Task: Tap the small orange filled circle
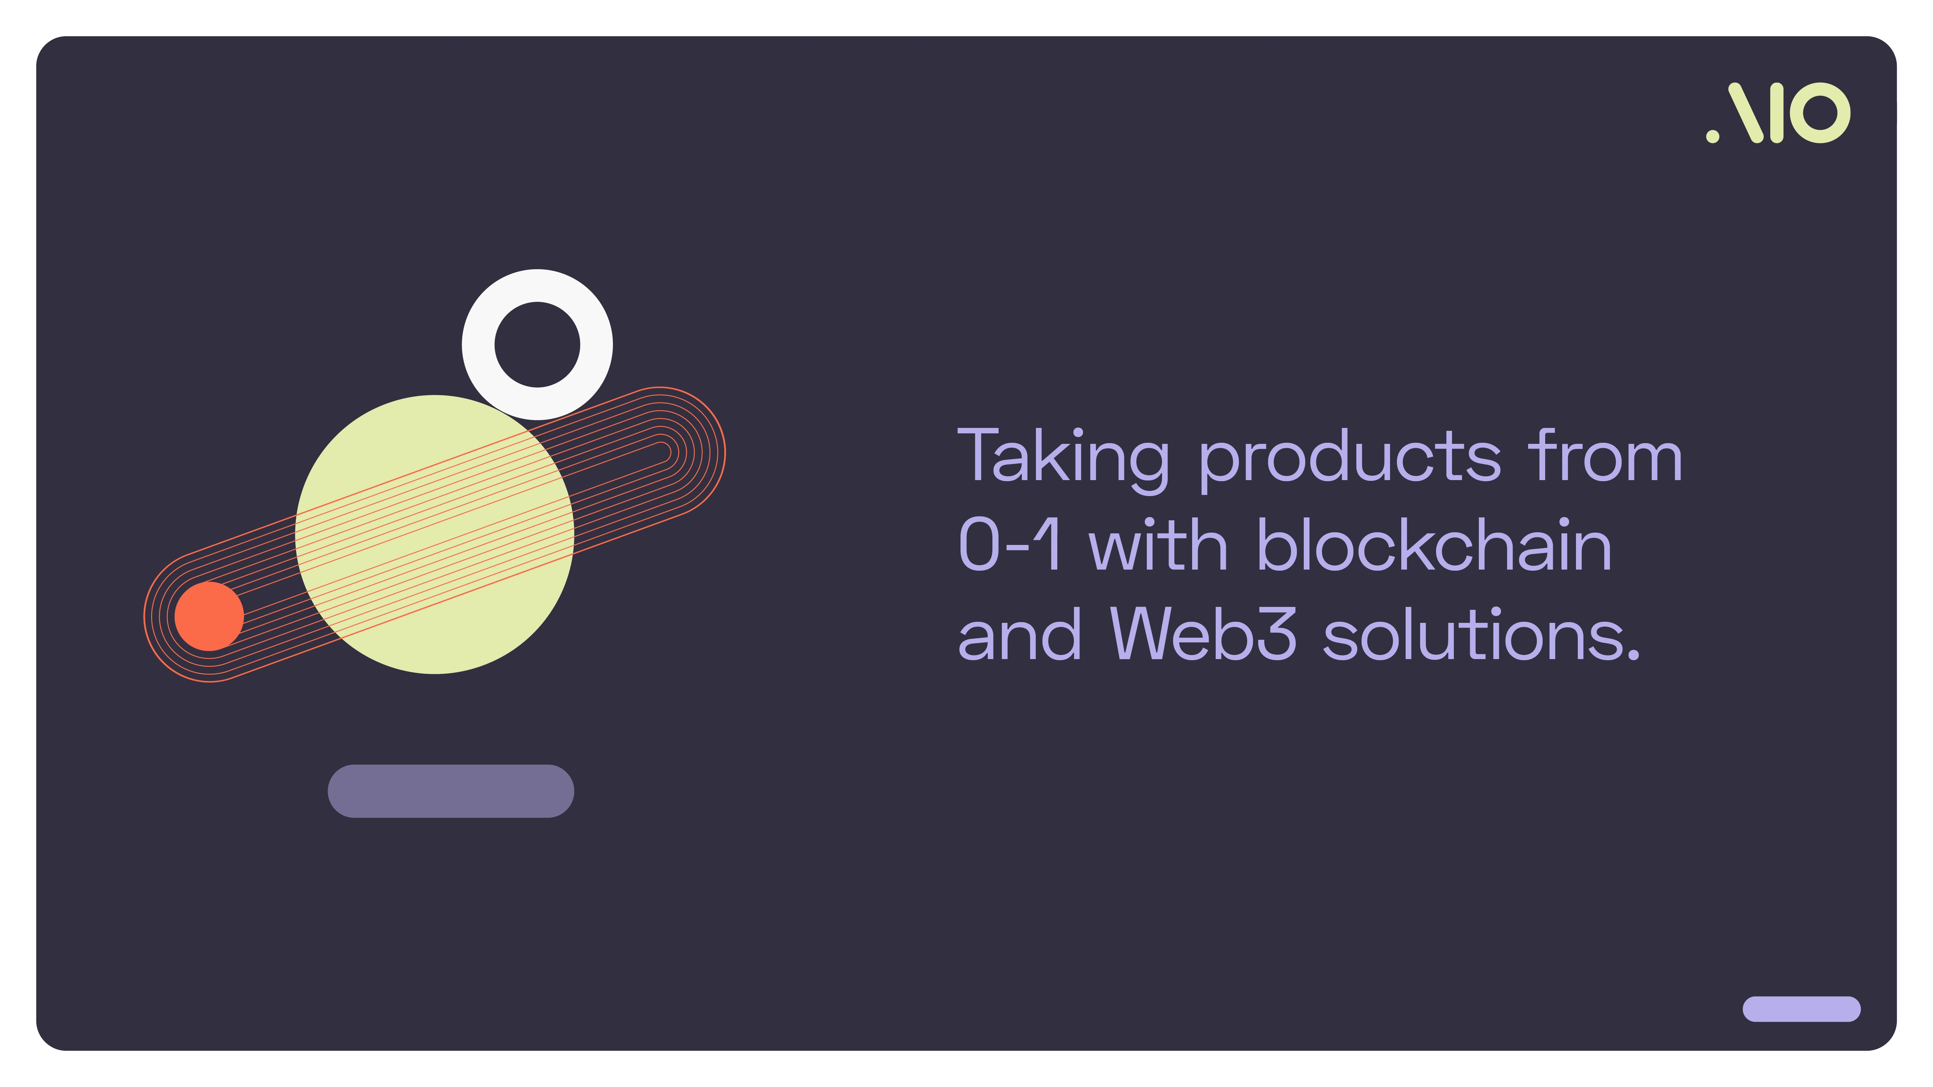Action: (210, 616)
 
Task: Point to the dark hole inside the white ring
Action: (537, 344)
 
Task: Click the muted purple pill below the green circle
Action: (451, 791)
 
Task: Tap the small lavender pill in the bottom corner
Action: (1801, 1009)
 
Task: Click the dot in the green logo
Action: (1712, 136)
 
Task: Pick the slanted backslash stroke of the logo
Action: (1745, 113)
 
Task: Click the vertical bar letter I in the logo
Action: (1776, 113)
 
